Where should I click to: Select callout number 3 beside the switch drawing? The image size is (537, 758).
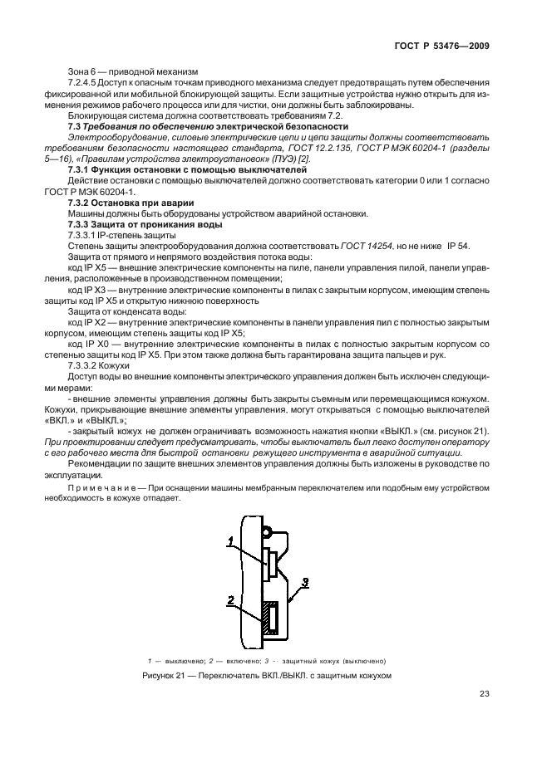click(x=306, y=582)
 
